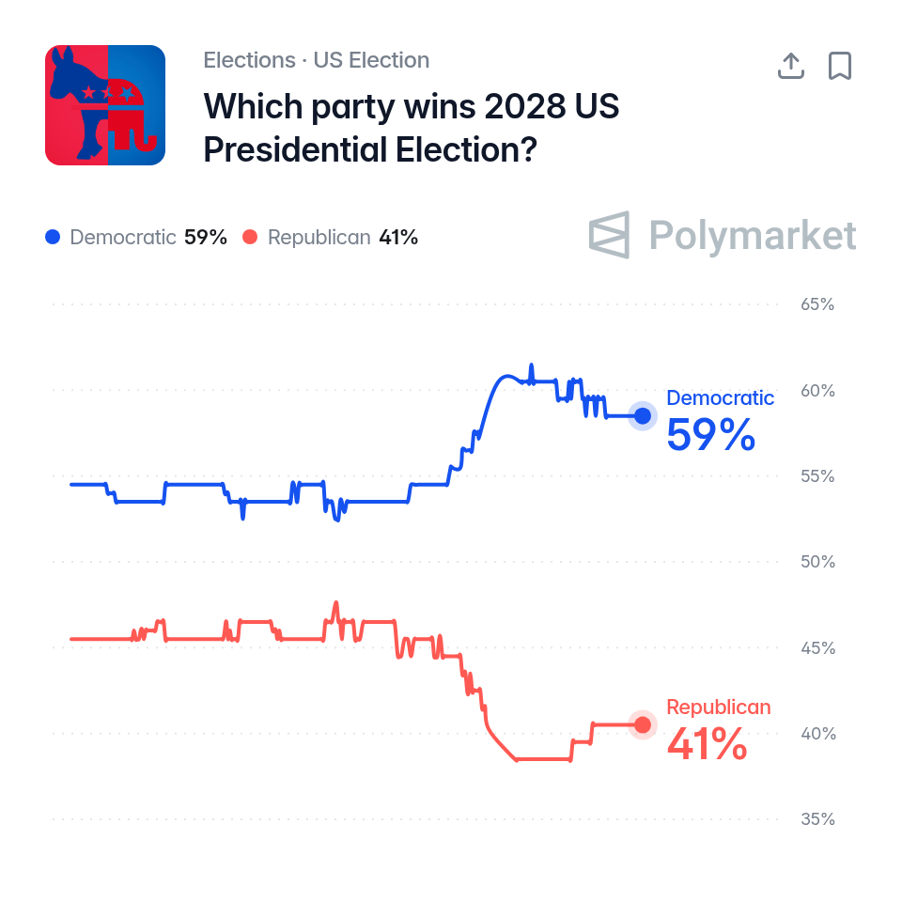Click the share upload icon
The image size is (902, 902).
tap(791, 66)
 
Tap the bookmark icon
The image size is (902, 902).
tap(840, 66)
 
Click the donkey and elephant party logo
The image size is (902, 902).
tap(105, 105)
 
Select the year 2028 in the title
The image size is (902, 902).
tap(524, 106)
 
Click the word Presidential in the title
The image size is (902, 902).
tap(295, 149)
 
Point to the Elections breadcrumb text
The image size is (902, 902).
tap(249, 60)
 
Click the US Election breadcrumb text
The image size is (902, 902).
tap(371, 60)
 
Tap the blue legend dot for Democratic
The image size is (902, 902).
tap(53, 237)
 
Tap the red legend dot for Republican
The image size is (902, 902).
tap(250, 237)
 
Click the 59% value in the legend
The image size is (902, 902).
tap(206, 237)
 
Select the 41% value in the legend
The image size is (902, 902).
tap(398, 237)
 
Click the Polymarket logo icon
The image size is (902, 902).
tap(609, 235)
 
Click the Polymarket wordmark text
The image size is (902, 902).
tap(753, 235)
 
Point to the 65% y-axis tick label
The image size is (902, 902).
tap(817, 304)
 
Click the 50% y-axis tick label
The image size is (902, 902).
tap(817, 562)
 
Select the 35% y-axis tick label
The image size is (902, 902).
tap(817, 818)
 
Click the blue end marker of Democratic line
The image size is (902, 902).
tap(643, 415)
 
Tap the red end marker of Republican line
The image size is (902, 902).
tap(643, 724)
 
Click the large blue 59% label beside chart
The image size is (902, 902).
tap(710, 434)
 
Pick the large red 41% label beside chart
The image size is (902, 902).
tap(707, 743)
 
